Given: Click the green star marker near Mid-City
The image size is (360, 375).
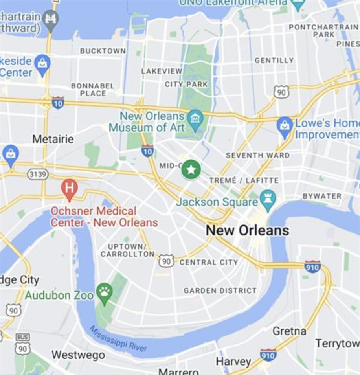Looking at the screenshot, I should [191, 170].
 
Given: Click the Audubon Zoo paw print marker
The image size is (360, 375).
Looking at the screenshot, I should [105, 292].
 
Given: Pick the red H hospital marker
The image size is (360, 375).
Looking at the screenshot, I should [70, 187].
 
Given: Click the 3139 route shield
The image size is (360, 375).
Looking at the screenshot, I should [38, 174].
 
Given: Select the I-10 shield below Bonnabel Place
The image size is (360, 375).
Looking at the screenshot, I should [58, 102].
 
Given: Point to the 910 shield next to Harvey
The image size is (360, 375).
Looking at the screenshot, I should [268, 355].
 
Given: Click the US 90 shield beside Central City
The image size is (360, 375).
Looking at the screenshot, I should [166, 261].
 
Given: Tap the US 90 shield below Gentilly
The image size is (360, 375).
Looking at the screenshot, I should [281, 92].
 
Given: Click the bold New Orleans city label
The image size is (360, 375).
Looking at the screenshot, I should [248, 230].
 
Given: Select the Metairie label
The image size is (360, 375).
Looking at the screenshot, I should [53, 139].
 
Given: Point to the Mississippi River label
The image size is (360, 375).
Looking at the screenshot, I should [118, 338].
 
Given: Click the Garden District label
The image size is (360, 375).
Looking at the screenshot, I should [220, 290].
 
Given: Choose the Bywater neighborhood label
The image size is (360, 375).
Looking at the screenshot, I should [322, 196].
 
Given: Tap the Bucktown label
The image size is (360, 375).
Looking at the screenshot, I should [103, 51].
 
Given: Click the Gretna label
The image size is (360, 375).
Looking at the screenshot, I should [289, 331].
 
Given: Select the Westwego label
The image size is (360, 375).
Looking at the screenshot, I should [78, 355].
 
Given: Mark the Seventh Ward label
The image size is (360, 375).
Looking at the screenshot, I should [258, 155].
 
